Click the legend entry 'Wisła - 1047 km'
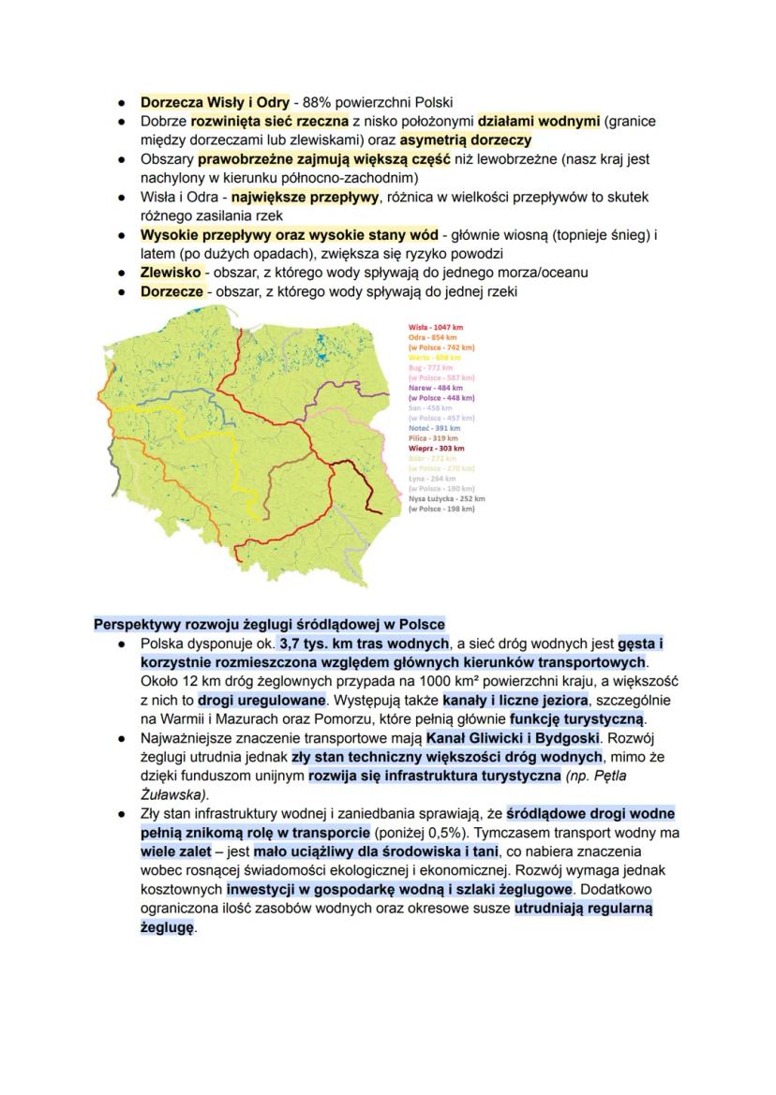pos(436,327)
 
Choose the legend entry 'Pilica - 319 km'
pos(432,437)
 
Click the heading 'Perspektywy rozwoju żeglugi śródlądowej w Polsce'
pos(269,625)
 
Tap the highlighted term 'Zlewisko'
pos(171,272)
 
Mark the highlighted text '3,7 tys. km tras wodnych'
pos(364,644)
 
